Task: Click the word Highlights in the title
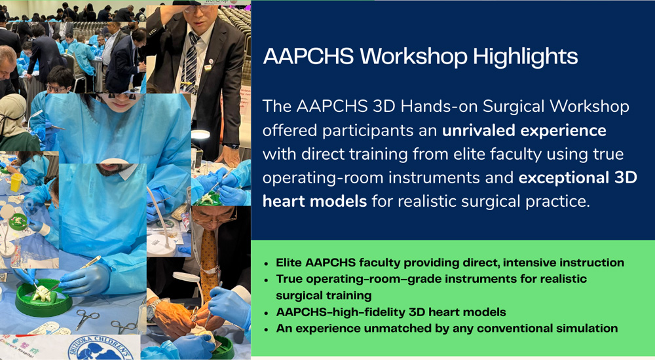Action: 526,56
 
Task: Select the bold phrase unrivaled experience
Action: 524,130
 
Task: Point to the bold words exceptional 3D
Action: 578,177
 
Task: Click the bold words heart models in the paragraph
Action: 314,202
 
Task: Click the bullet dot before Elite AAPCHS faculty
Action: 267,264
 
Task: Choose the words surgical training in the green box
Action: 324,295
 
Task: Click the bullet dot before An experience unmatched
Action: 267,329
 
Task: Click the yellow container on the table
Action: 16,182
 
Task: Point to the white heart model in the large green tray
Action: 43,295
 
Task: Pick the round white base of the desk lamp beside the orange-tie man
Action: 161,245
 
